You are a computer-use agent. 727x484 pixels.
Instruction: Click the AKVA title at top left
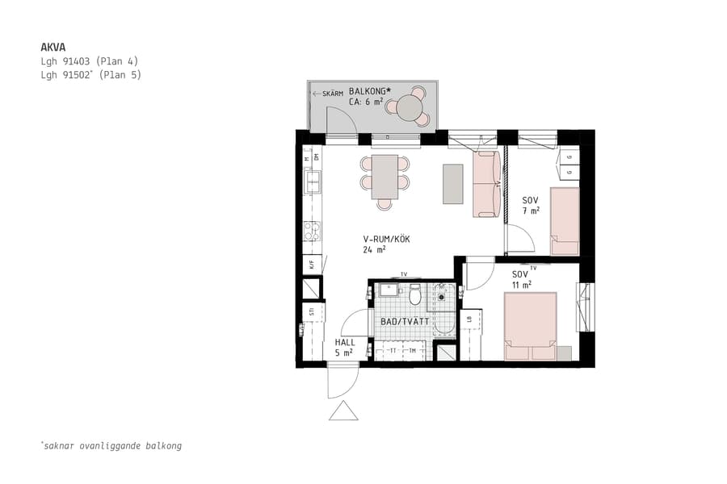(x=53, y=47)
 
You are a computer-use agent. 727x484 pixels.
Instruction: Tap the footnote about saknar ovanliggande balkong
(x=111, y=445)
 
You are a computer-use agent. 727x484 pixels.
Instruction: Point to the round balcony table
(x=410, y=107)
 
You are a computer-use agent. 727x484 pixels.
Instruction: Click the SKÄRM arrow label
(x=328, y=94)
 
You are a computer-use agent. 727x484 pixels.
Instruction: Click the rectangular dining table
(x=385, y=177)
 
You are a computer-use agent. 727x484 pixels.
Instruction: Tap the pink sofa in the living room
(x=487, y=185)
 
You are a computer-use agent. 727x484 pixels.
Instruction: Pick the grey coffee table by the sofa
(x=453, y=183)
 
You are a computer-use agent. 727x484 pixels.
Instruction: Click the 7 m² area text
(x=531, y=211)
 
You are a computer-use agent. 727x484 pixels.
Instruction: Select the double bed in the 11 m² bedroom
(x=530, y=326)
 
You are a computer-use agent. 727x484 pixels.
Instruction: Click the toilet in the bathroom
(x=415, y=294)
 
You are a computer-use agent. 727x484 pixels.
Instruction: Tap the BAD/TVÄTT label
(x=404, y=321)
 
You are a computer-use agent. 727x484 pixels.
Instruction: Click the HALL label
(x=344, y=342)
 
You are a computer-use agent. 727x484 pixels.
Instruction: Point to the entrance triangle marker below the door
(x=343, y=412)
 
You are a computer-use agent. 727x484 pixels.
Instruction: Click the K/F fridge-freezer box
(x=310, y=263)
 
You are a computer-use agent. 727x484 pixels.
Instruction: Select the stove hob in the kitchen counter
(x=310, y=232)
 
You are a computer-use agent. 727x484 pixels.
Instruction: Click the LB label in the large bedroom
(x=469, y=320)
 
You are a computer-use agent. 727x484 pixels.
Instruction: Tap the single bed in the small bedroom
(x=565, y=220)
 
